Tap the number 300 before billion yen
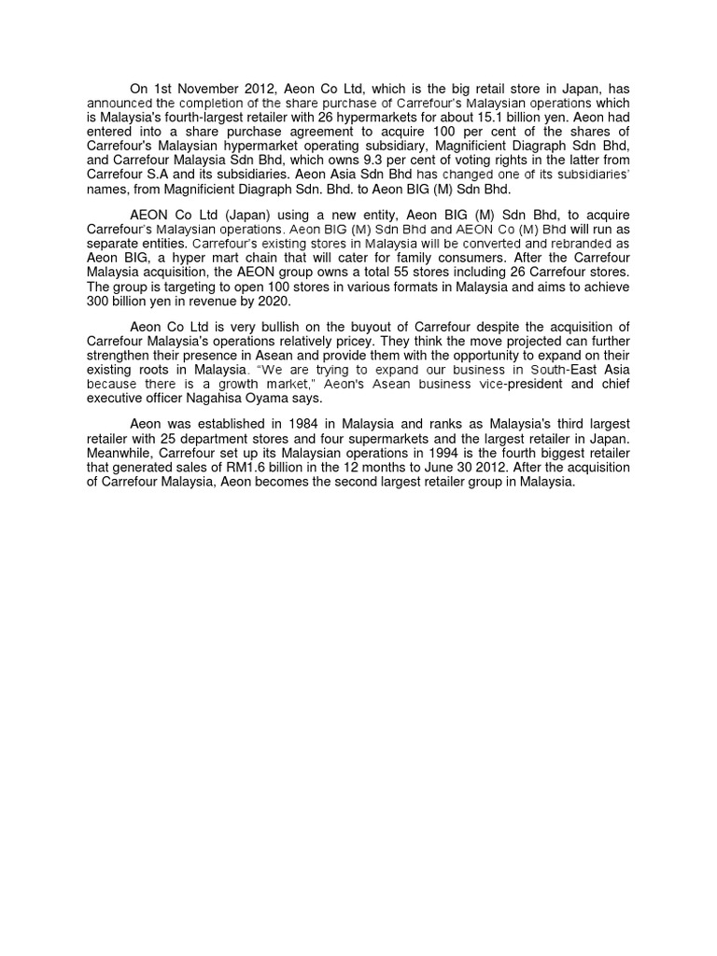(x=98, y=301)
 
